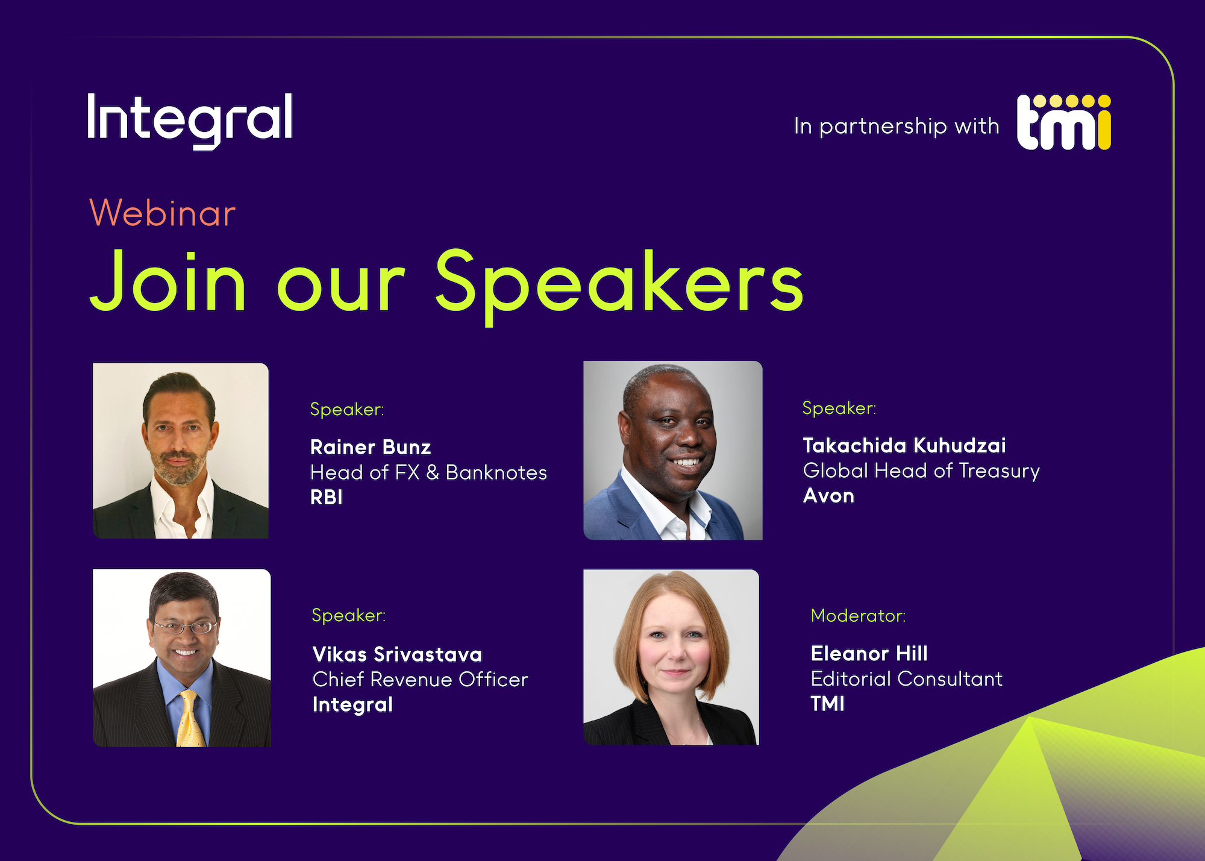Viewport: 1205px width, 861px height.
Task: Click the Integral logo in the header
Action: click(x=190, y=121)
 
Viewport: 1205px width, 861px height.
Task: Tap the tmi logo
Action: click(x=1064, y=122)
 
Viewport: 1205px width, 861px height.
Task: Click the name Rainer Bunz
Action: click(x=371, y=447)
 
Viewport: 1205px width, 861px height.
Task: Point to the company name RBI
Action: click(x=327, y=497)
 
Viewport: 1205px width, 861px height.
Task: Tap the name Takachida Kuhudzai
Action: click(x=904, y=445)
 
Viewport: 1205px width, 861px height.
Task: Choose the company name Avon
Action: click(x=828, y=495)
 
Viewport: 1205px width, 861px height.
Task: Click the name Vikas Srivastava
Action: click(x=397, y=654)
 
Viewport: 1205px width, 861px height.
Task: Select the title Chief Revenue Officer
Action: click(x=420, y=679)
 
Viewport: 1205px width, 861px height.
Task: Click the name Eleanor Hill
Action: click(x=869, y=653)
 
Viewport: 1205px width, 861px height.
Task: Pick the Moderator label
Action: click(x=858, y=615)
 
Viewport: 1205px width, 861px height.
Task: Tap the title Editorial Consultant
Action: click(x=907, y=678)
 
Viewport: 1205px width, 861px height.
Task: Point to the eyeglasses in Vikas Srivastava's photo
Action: click(x=185, y=627)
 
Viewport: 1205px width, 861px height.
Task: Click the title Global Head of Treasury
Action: click(x=921, y=471)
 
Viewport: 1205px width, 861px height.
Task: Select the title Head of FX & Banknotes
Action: click(x=428, y=472)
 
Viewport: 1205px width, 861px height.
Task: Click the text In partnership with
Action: click(x=897, y=126)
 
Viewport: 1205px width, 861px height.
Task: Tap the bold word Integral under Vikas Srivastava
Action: click(x=352, y=704)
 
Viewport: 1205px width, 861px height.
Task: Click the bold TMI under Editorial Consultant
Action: click(x=827, y=703)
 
